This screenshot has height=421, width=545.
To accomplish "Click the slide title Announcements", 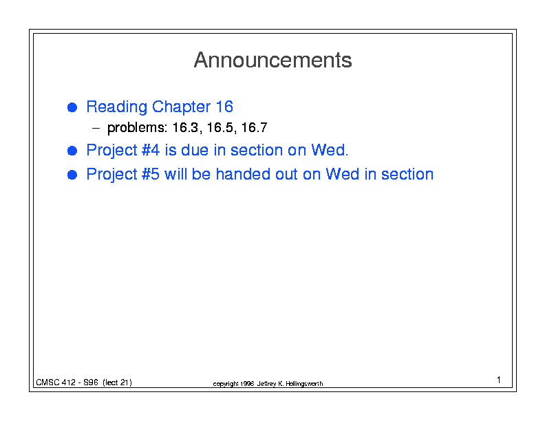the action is point(273,60).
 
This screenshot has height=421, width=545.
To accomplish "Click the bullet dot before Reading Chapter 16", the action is point(72,107).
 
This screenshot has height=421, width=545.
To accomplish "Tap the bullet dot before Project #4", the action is point(72,151).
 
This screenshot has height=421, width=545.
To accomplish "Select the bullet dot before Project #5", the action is point(72,175).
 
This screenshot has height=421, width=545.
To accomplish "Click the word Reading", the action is point(117,107).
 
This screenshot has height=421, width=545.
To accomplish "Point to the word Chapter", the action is point(181,107).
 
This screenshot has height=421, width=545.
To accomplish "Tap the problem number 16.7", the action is point(254,127).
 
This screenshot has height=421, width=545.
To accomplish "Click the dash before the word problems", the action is point(96,129).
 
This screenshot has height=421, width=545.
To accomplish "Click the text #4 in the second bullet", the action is point(151,150).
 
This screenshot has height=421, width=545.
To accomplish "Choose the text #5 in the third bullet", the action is point(151,174).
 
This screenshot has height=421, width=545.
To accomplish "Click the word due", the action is point(195,150).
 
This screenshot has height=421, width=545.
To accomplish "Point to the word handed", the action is point(243,174).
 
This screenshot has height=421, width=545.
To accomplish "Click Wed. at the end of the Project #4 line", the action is point(330,150).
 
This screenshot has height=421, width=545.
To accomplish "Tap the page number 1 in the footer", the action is point(499,380).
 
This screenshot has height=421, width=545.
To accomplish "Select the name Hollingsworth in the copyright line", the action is point(304,384).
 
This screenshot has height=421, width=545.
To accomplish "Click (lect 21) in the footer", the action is point(117,382).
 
